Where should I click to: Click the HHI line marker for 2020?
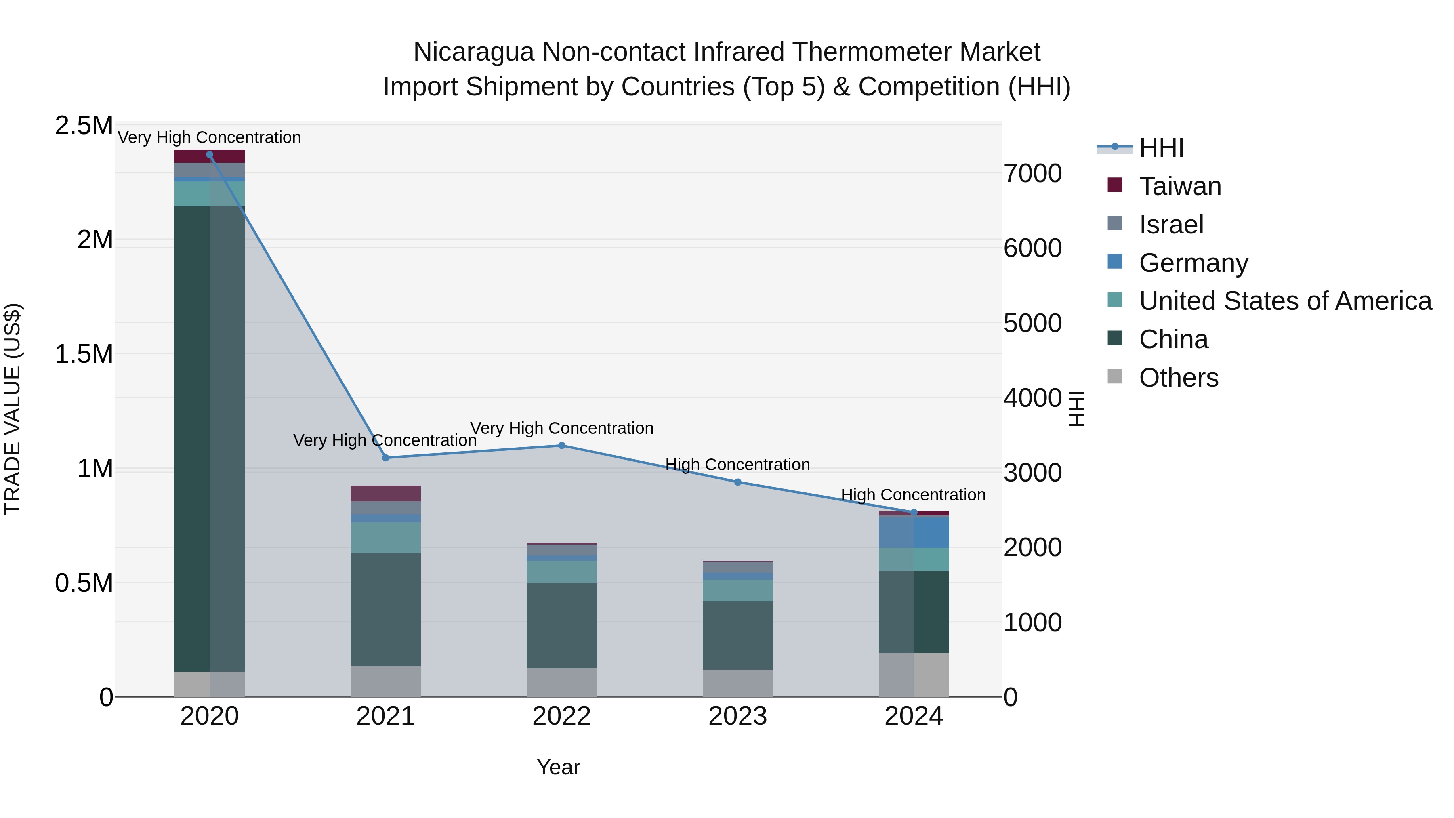click(x=209, y=155)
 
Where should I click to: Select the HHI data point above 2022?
click(x=562, y=446)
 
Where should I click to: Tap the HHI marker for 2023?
click(x=738, y=482)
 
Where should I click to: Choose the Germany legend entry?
click(x=1193, y=263)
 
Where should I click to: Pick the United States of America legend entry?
click(x=1285, y=301)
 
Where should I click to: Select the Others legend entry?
click(x=1178, y=378)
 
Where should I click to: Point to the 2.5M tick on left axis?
click(x=84, y=125)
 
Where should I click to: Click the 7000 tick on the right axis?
click(x=1032, y=173)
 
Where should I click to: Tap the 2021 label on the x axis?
click(x=386, y=716)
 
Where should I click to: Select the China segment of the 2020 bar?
click(x=209, y=439)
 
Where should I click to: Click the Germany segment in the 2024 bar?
click(x=914, y=532)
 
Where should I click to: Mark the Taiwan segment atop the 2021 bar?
click(x=386, y=493)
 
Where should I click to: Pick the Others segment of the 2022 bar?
click(x=562, y=683)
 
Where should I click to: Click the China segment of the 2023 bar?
click(x=738, y=636)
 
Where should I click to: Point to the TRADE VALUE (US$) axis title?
click(x=13, y=409)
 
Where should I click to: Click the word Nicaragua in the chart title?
click(x=474, y=53)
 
